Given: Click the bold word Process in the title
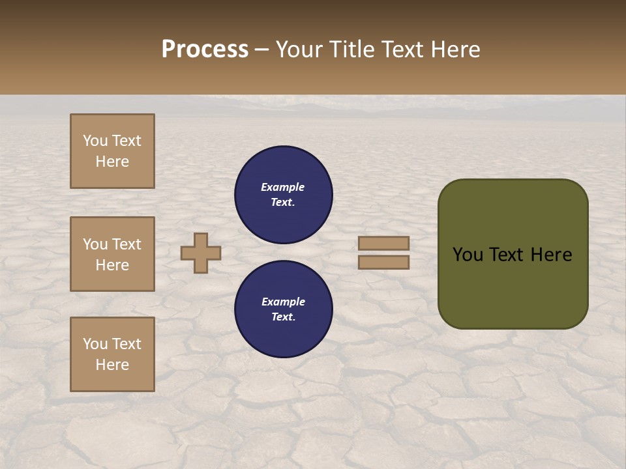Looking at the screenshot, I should [205, 50].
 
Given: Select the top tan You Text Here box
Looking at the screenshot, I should [112, 151].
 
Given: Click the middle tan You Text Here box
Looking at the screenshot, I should [112, 254].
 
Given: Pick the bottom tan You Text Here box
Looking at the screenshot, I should [112, 354].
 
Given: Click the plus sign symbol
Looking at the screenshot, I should [201, 253].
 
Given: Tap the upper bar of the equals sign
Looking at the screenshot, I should [383, 243].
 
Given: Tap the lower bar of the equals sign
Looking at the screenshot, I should [383, 262].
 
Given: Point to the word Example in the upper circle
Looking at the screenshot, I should [283, 187].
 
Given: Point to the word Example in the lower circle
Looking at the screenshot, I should [283, 302].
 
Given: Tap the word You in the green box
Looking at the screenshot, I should [468, 255].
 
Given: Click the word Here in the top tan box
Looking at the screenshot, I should [112, 162].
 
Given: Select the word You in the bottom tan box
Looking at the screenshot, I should [95, 344].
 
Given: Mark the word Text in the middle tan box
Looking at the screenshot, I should [127, 244].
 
